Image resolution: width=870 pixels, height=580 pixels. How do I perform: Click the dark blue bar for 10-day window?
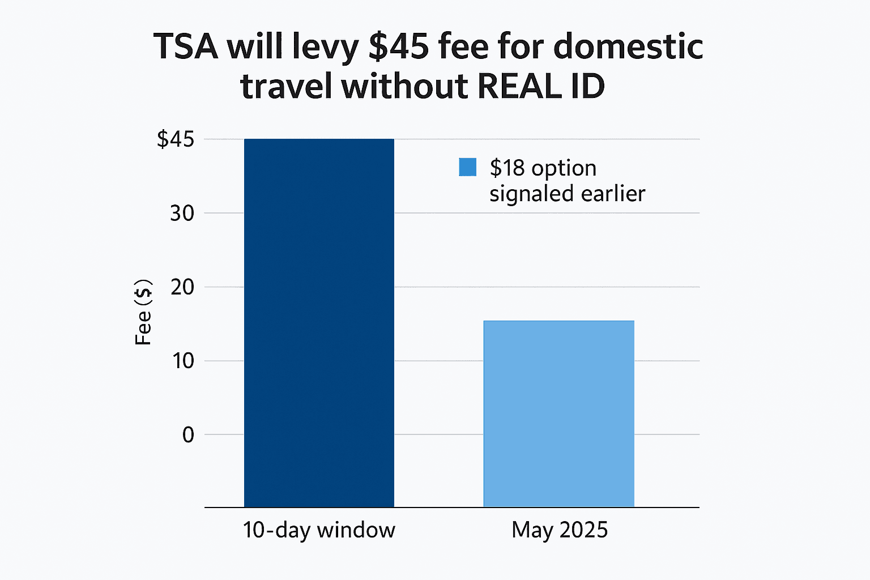coord(319,323)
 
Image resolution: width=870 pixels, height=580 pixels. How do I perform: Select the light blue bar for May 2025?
coord(558,413)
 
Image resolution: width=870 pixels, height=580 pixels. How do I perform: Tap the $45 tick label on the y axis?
coord(175,139)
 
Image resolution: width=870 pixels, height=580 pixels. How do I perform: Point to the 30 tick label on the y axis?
coord(182,214)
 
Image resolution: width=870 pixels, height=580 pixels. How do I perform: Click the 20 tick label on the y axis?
coord(182,287)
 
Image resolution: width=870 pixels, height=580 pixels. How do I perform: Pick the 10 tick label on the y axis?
coord(183,361)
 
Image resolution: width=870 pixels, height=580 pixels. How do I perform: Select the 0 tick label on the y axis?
coord(188,435)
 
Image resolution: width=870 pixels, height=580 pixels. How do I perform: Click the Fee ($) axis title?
coord(143,312)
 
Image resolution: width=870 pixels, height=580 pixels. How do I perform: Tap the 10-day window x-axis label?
coord(319,530)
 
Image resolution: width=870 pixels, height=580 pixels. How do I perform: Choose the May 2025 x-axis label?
coord(560,530)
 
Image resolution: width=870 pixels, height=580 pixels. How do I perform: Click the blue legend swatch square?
coord(467,167)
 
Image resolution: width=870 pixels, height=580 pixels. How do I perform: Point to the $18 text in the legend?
coord(507,168)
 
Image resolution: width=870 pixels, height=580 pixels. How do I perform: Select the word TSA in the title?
coord(186,46)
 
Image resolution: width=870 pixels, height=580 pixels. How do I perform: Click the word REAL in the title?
coord(518,87)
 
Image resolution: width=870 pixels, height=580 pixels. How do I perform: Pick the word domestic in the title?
coord(628,46)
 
